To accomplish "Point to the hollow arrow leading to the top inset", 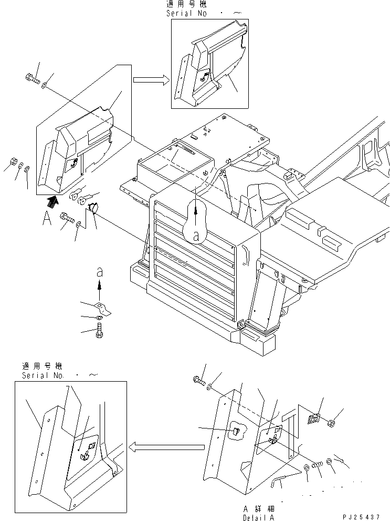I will [150, 80].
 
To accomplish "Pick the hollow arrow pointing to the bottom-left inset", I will [166, 447].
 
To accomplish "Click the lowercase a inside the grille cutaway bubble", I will [196, 237].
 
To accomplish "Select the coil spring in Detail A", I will [317, 464].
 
